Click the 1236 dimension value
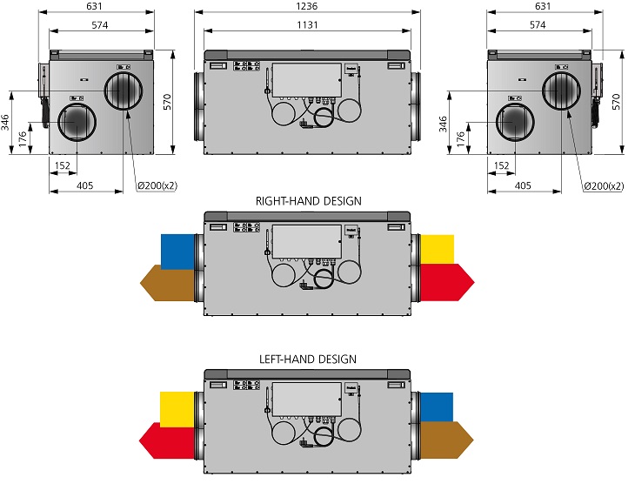click(306, 6)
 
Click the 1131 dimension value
click(307, 25)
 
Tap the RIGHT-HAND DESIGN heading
click(308, 201)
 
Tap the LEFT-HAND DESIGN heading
click(308, 360)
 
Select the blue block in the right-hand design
click(177, 252)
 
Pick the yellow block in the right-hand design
click(437, 250)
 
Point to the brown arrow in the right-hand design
click(168, 283)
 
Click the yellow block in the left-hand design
click(177, 409)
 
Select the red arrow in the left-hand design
click(167, 440)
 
